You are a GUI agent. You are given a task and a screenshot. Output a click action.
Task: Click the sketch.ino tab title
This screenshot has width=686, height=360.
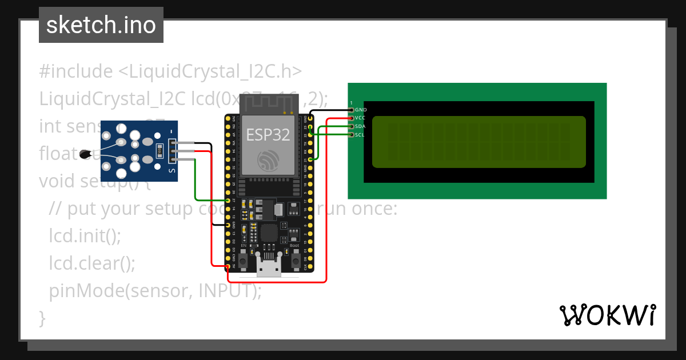coord(101,25)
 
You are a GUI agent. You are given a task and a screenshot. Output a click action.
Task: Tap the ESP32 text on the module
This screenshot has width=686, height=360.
coord(268,135)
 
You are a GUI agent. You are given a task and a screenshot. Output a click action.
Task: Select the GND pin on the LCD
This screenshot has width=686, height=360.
coord(351,109)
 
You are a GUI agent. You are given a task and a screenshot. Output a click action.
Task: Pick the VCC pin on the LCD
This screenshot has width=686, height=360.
coord(351,118)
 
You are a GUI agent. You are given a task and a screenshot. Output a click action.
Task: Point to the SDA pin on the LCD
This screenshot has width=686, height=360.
coord(351,126)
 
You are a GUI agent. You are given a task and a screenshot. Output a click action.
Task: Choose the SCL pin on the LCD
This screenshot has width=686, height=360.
coord(351,135)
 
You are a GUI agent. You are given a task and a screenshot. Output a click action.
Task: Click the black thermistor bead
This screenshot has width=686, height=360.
coord(86,153)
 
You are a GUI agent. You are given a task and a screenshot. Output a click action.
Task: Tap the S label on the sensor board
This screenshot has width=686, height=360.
coord(172,170)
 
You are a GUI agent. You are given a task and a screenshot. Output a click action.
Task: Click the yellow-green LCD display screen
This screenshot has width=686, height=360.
coord(479,142)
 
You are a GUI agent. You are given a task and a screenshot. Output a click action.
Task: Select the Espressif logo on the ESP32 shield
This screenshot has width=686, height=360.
coord(268,161)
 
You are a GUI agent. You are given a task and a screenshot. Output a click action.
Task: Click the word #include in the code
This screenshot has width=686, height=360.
coord(76,71)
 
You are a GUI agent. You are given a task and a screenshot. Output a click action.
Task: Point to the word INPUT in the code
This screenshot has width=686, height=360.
coord(225,291)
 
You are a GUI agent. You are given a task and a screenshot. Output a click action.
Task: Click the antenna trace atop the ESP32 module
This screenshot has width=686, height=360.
coord(269,104)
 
